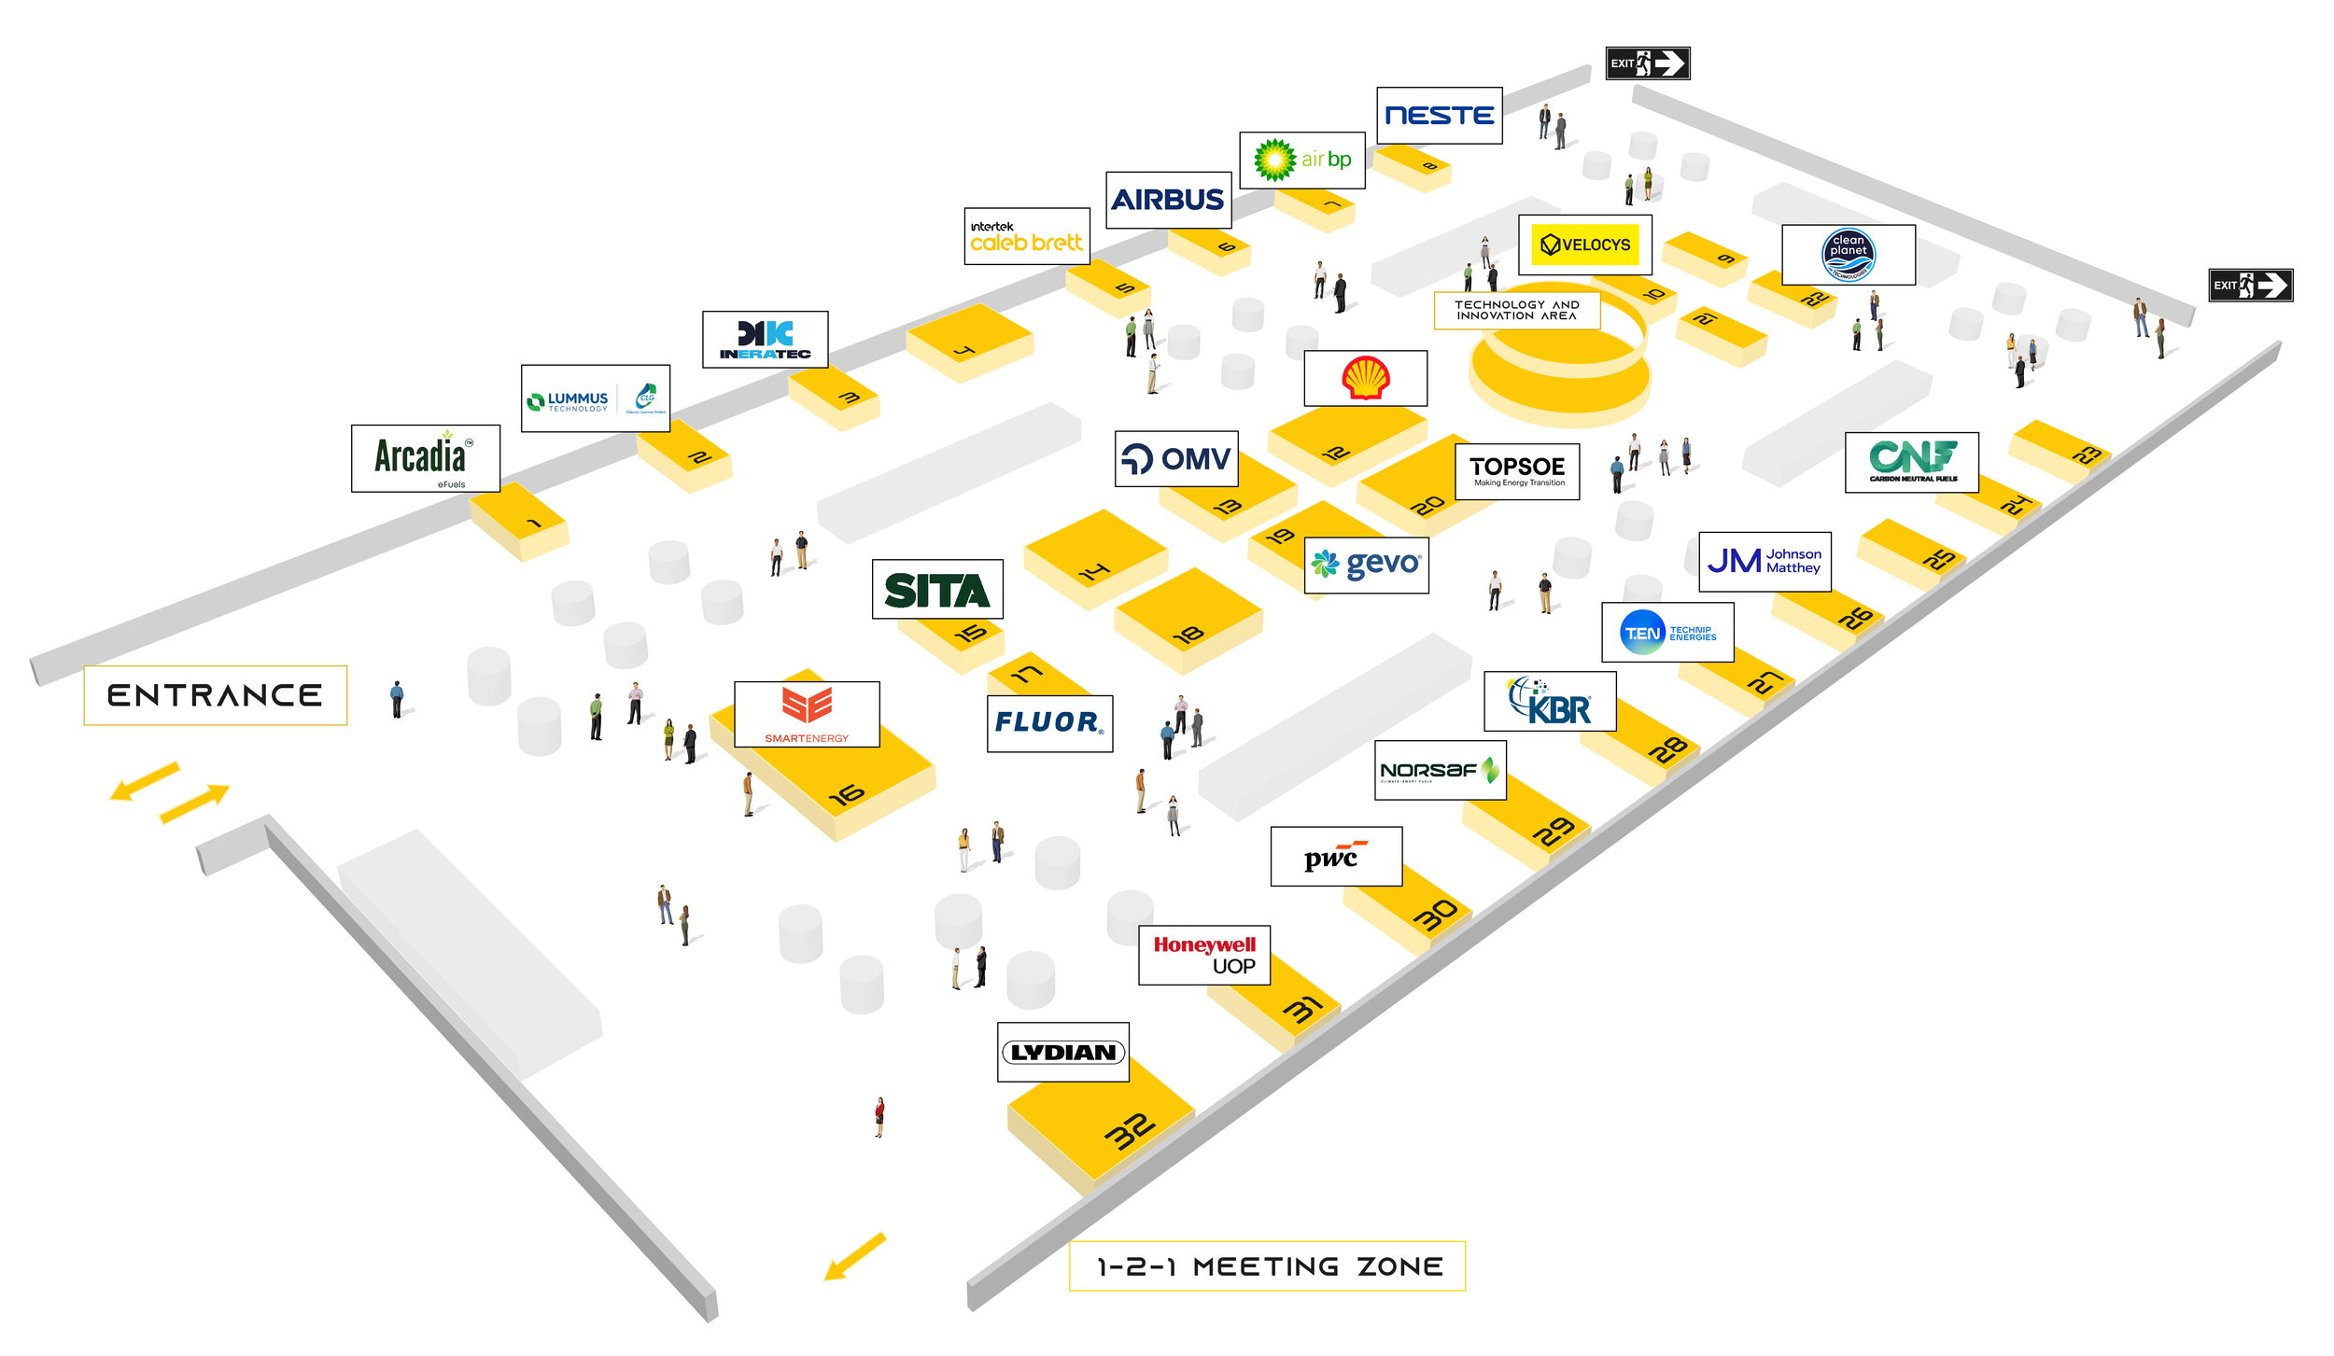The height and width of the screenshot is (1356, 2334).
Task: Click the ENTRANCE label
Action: [x=215, y=695]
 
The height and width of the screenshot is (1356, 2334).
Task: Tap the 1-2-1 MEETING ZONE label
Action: [x=1267, y=1266]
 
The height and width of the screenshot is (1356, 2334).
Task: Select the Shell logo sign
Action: [x=1365, y=378]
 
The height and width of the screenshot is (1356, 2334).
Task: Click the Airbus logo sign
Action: [x=1168, y=200]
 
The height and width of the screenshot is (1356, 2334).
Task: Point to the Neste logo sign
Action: [x=1439, y=116]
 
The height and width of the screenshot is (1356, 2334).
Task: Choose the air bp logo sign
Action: [x=1301, y=161]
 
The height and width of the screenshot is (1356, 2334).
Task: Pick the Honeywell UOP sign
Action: [x=1203, y=955]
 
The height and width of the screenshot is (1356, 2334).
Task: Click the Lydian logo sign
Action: [x=1062, y=1053]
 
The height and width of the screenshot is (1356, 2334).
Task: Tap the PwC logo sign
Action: [x=1335, y=856]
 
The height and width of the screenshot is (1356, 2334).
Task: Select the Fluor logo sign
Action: [x=1049, y=723]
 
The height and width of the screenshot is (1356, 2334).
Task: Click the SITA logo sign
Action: [x=936, y=589]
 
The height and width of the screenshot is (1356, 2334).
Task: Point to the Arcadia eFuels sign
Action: [x=425, y=458]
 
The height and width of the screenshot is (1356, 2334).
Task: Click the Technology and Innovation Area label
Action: [x=1516, y=310]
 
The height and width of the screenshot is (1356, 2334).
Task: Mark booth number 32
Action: [x=1129, y=1131]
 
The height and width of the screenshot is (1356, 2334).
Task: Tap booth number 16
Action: [x=846, y=794]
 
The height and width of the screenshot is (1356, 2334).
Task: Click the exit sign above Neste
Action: [x=1647, y=63]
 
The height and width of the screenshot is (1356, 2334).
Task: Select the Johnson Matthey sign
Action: [x=1764, y=562]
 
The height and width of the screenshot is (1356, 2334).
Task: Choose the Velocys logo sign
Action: [x=1584, y=245]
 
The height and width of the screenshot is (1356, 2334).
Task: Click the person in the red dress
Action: [x=879, y=1115]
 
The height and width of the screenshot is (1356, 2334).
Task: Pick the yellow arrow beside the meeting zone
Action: [x=854, y=1257]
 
